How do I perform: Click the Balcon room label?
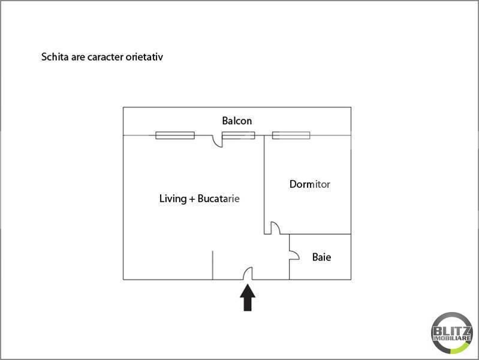[237, 121]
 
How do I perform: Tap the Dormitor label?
[310, 184]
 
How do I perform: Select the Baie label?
[321, 257]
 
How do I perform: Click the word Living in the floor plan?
[173, 199]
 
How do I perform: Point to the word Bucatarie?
[218, 199]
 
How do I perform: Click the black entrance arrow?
[248, 298]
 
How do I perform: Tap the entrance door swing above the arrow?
[248, 273]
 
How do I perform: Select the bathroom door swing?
[294, 256]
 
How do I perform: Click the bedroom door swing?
[275, 228]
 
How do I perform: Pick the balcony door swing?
[218, 142]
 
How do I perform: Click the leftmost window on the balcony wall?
[175, 135]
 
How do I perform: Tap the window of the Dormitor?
[291, 135]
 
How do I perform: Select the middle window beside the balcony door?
[239, 135]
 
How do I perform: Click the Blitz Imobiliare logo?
[452, 333]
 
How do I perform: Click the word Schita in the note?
[55, 57]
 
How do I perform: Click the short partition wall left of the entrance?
[213, 265]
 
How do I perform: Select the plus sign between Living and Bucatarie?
[192, 199]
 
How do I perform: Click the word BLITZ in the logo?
[452, 331]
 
